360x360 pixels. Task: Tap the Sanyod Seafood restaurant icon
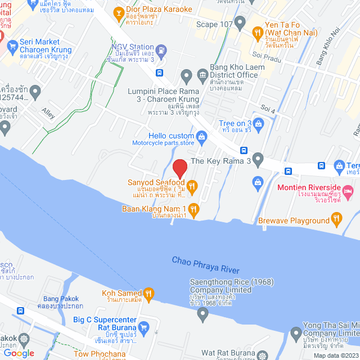[x=191, y=186]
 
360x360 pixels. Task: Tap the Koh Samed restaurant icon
[x=148, y=292]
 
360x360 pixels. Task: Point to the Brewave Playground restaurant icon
[x=336, y=218]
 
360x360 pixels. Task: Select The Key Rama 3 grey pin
[x=258, y=161]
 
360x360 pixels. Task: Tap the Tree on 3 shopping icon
[x=258, y=124]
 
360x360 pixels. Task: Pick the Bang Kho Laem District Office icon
[x=202, y=75]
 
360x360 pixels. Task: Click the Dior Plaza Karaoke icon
[x=119, y=12]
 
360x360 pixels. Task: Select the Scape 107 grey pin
[x=240, y=24]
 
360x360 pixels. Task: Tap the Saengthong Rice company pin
[x=202, y=313]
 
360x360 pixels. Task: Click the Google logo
[x=19, y=353]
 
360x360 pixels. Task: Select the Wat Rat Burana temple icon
[x=262, y=355]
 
